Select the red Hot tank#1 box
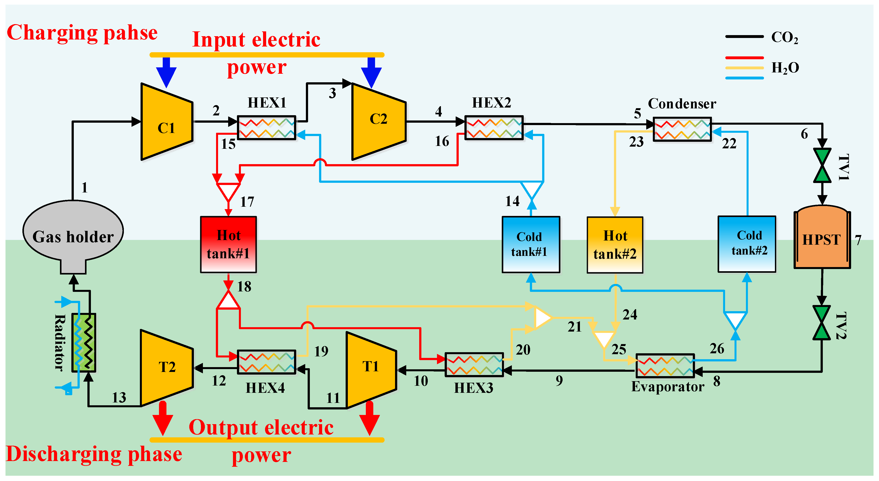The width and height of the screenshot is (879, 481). click(228, 244)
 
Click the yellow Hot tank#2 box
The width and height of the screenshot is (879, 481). click(615, 245)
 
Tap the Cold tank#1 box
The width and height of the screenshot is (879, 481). click(531, 244)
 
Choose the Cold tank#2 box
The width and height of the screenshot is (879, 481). click(747, 244)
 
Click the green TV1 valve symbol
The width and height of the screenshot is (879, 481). click(822, 165)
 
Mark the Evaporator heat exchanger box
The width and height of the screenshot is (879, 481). click(665, 365)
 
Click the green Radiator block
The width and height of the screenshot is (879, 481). click(84, 342)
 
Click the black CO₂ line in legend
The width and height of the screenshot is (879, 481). click(744, 36)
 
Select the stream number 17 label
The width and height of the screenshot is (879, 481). click(247, 202)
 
